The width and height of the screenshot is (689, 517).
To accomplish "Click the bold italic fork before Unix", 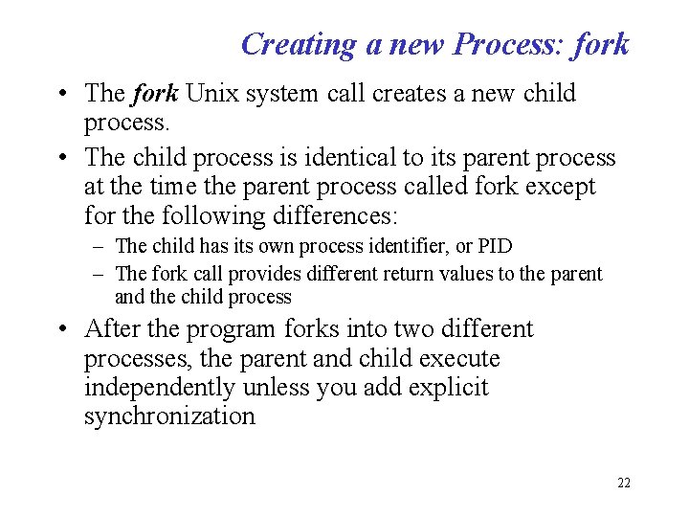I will (155, 94).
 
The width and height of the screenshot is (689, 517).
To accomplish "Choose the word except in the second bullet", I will (559, 187).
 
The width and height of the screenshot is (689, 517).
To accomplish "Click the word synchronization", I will (170, 417).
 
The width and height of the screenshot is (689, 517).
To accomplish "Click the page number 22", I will (623, 483).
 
